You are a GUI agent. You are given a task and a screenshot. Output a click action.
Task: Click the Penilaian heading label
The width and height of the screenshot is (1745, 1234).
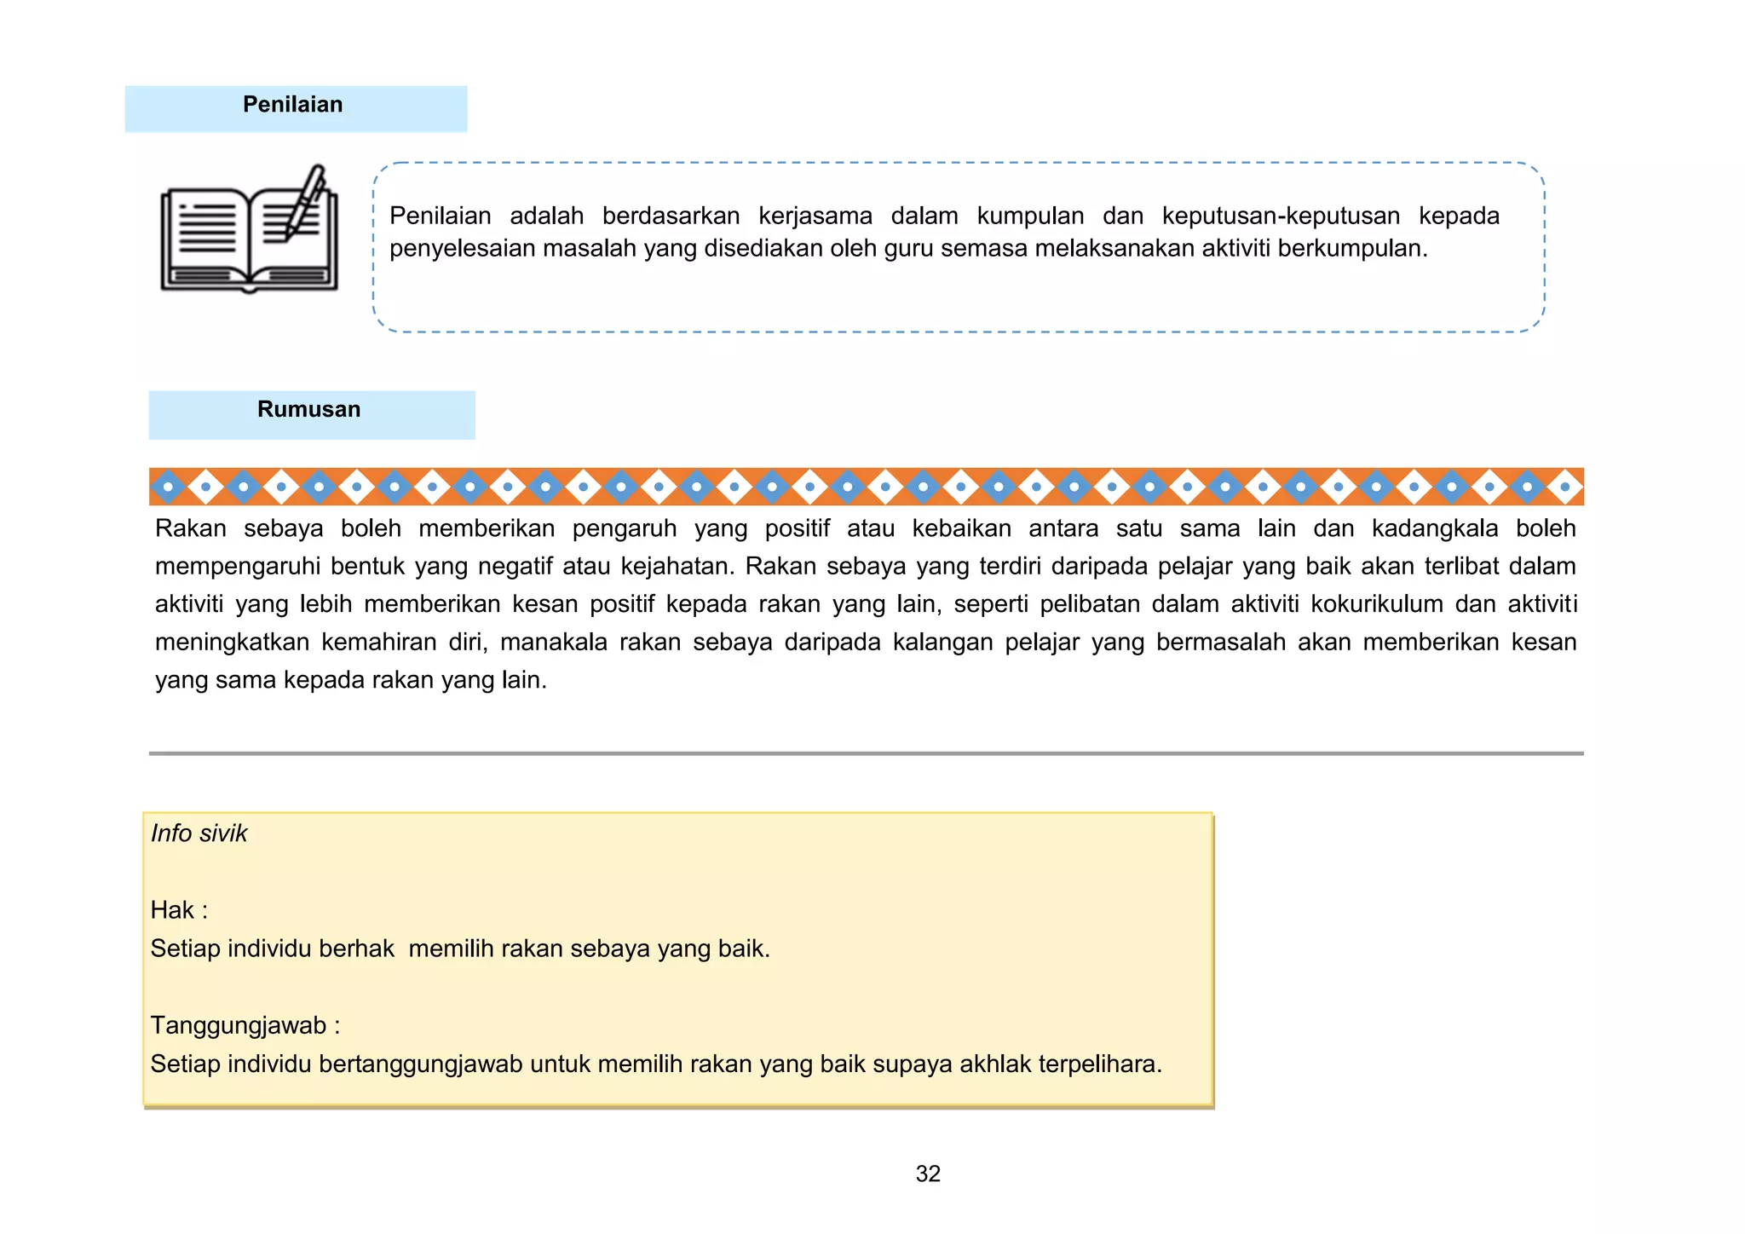292,105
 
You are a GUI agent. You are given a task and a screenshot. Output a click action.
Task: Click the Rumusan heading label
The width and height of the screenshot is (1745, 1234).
308,410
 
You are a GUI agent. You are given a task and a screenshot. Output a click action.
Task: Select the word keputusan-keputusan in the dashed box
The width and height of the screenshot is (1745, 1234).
1281,216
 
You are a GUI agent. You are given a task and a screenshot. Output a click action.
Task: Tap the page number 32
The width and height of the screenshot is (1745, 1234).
928,1173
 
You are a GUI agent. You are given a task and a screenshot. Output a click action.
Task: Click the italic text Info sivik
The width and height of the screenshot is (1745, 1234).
199,833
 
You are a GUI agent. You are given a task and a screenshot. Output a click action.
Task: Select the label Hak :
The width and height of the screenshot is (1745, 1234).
179,910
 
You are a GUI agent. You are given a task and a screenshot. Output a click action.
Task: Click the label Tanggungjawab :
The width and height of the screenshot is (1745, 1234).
245,1025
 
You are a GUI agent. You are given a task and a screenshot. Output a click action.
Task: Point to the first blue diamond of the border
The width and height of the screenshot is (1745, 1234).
168,487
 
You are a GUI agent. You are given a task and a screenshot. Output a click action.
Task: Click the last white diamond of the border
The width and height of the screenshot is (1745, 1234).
1564,487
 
